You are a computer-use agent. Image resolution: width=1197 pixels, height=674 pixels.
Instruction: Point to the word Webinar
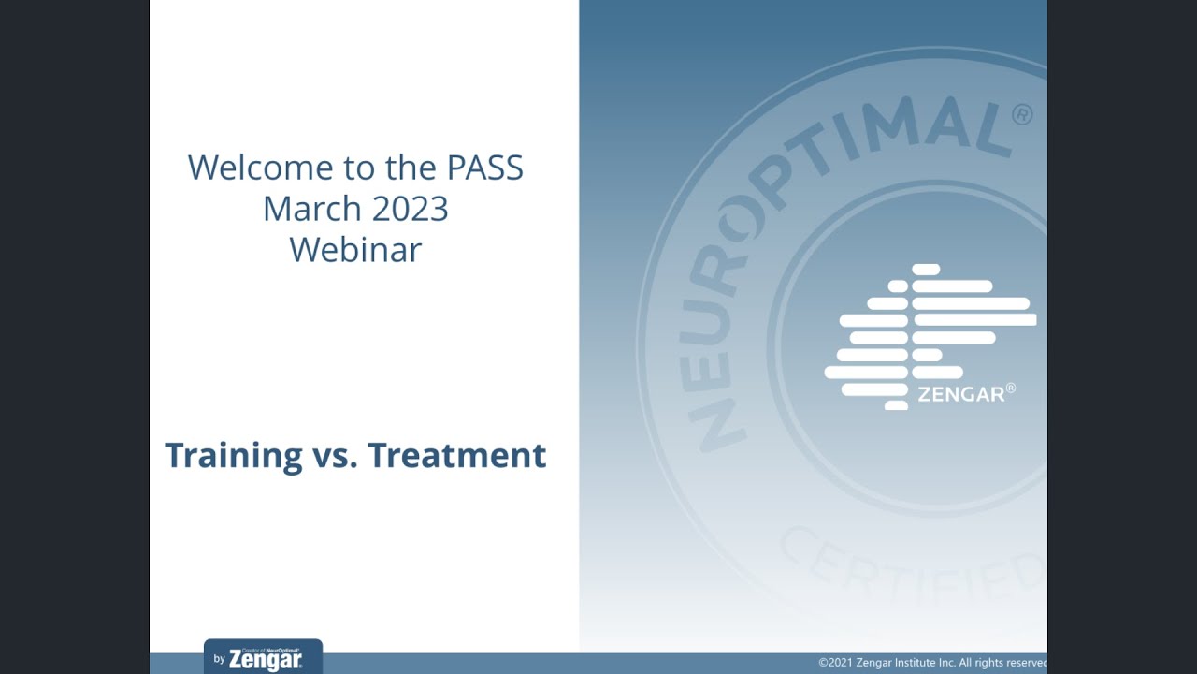[x=355, y=250]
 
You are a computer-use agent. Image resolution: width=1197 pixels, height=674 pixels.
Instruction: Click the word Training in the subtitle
[x=233, y=456]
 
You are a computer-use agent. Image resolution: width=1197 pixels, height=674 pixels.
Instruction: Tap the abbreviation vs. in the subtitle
[x=335, y=456]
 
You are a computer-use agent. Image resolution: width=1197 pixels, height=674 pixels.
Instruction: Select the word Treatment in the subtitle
[x=456, y=456]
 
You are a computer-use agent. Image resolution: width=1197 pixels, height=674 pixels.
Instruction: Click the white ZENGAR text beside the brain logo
[x=960, y=394]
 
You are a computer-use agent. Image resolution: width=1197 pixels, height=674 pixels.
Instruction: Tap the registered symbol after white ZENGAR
[x=1010, y=388]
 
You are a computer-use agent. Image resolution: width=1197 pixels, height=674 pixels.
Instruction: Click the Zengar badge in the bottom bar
[x=263, y=657]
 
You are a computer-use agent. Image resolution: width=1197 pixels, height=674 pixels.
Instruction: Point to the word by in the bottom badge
[x=219, y=659]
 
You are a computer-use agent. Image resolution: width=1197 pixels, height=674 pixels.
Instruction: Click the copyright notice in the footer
[x=932, y=663]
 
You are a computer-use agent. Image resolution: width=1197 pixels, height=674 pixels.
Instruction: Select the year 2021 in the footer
[x=841, y=663]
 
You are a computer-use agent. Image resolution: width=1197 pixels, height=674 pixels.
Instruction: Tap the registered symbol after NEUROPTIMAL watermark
[x=1022, y=114]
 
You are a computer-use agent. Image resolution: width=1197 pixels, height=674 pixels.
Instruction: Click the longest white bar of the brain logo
[x=973, y=320]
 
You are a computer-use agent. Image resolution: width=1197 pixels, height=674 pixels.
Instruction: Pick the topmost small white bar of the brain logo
[x=925, y=270]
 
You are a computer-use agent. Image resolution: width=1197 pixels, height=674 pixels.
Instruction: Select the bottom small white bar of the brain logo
[x=896, y=405]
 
